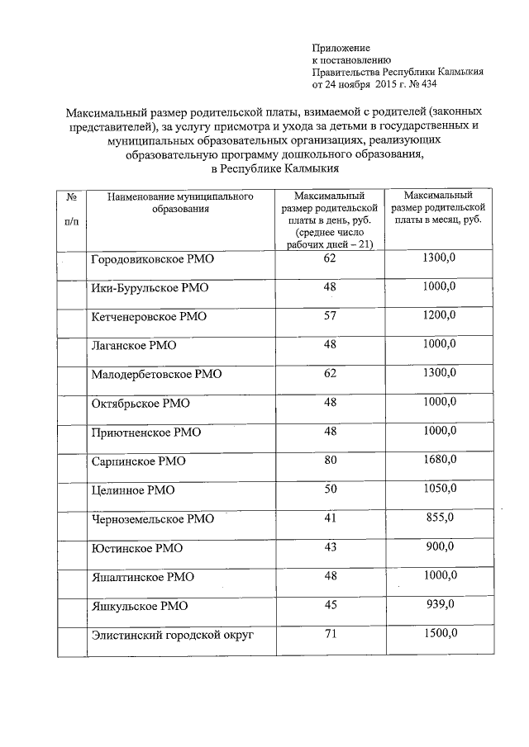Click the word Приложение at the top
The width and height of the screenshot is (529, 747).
click(341, 49)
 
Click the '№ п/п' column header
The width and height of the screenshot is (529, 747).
click(72, 210)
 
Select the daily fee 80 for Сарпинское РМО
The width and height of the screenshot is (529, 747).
click(331, 460)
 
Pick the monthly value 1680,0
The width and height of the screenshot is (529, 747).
click(438, 460)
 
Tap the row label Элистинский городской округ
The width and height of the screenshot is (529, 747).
click(171, 634)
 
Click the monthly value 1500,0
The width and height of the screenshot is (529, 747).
click(438, 633)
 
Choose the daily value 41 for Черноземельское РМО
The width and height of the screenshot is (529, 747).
click(331, 518)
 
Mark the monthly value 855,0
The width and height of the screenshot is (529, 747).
click(438, 518)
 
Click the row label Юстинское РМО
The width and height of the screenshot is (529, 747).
click(136, 547)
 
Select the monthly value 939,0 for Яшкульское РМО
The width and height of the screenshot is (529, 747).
click(438, 604)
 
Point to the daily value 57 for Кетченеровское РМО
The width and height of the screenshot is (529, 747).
click(331, 315)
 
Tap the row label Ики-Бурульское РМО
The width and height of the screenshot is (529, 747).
click(149, 288)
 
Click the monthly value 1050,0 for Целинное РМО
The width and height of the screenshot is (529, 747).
click(438, 489)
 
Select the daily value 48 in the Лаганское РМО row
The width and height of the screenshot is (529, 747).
click(331, 344)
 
